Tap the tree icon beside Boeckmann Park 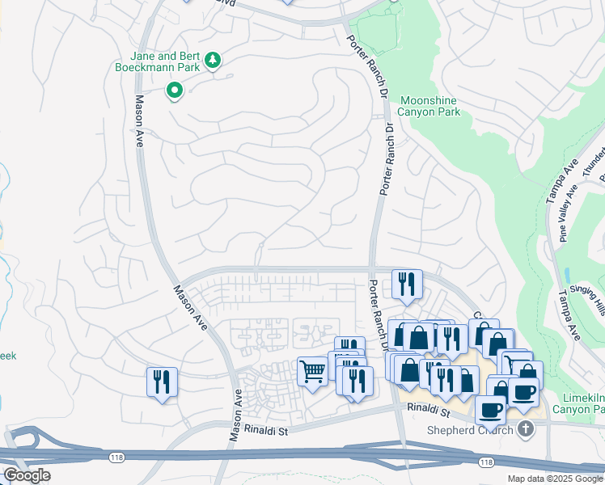point(212,60)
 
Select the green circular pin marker point(174,91)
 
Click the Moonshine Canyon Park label point(429,106)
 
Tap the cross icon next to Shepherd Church point(527,429)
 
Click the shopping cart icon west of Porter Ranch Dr point(312,372)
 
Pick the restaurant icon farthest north point(407,284)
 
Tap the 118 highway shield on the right point(484,462)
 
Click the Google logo point(27,475)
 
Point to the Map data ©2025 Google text point(554,479)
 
